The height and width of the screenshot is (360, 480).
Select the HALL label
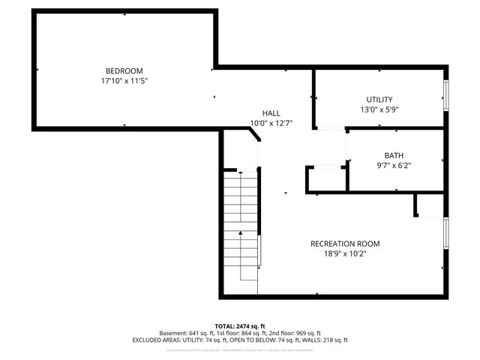pos(271,113)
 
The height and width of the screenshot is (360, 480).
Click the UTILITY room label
pos(379,100)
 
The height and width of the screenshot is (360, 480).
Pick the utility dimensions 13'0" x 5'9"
pos(379,109)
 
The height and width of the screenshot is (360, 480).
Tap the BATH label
pos(394,155)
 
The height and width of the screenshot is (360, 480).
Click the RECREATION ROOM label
pos(345,244)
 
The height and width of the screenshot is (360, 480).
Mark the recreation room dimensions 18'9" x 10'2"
pos(345,253)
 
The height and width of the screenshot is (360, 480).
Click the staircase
pos(241,225)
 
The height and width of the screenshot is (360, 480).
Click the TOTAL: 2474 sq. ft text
pos(240,325)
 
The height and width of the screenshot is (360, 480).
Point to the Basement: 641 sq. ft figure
pos(185,333)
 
